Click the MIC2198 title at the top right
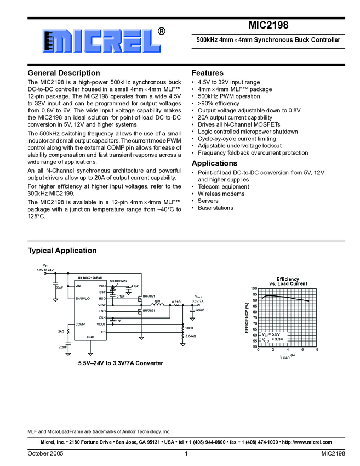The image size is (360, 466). (x=268, y=25)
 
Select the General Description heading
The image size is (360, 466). (x=64, y=73)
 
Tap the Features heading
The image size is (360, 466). (x=207, y=73)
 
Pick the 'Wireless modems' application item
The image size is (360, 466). (x=221, y=194)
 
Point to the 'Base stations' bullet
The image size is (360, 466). (x=215, y=208)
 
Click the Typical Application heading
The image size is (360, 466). (x=62, y=251)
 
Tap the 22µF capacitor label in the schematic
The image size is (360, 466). (x=59, y=287)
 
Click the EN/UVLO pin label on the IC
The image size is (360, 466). (x=83, y=299)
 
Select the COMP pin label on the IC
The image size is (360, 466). (x=80, y=325)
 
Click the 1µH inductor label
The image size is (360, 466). (x=157, y=301)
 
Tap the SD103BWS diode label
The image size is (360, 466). (x=118, y=281)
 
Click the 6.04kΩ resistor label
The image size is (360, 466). (x=191, y=336)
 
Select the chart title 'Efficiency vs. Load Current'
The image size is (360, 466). (x=288, y=281)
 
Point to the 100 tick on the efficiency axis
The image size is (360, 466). (x=254, y=288)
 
